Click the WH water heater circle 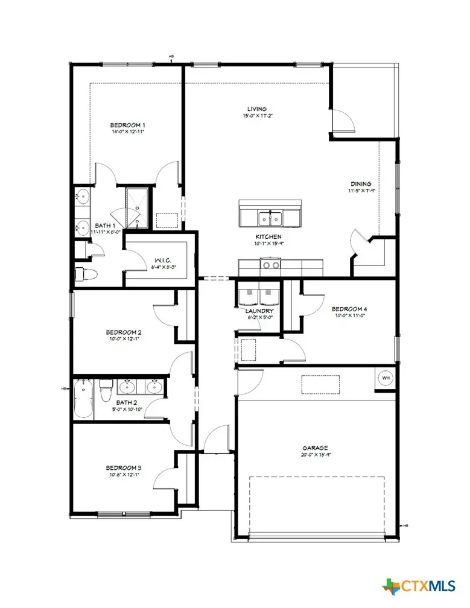(x=386, y=378)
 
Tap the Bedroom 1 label (x=127, y=125)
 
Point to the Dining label (x=361, y=185)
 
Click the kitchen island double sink (x=270, y=217)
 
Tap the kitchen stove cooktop (x=270, y=265)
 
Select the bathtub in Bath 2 (x=83, y=399)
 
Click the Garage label (x=315, y=448)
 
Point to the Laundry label (x=260, y=311)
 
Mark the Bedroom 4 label (x=349, y=309)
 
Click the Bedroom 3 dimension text (x=123, y=474)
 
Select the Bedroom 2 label (x=124, y=332)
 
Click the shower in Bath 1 (x=136, y=208)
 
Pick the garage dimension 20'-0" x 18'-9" (x=315, y=455)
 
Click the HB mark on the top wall (x=171, y=58)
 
